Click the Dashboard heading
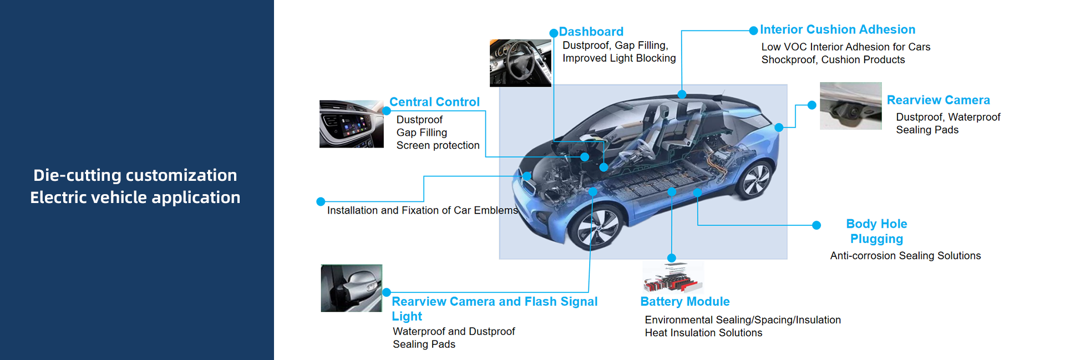point(591,32)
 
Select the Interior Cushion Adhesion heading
point(837,29)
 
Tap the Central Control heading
point(434,102)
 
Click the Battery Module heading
point(684,302)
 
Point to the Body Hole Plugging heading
point(876,231)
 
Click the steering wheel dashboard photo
point(520,63)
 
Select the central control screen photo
point(351,124)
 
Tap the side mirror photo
point(351,288)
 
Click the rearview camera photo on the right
point(850,106)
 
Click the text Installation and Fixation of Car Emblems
point(422,210)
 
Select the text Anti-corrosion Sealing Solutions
point(905,256)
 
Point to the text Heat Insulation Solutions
point(703,333)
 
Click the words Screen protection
point(438,145)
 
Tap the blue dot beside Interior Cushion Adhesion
point(753,31)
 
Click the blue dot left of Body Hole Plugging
point(816,225)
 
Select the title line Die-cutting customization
point(135,175)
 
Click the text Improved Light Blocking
point(619,58)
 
